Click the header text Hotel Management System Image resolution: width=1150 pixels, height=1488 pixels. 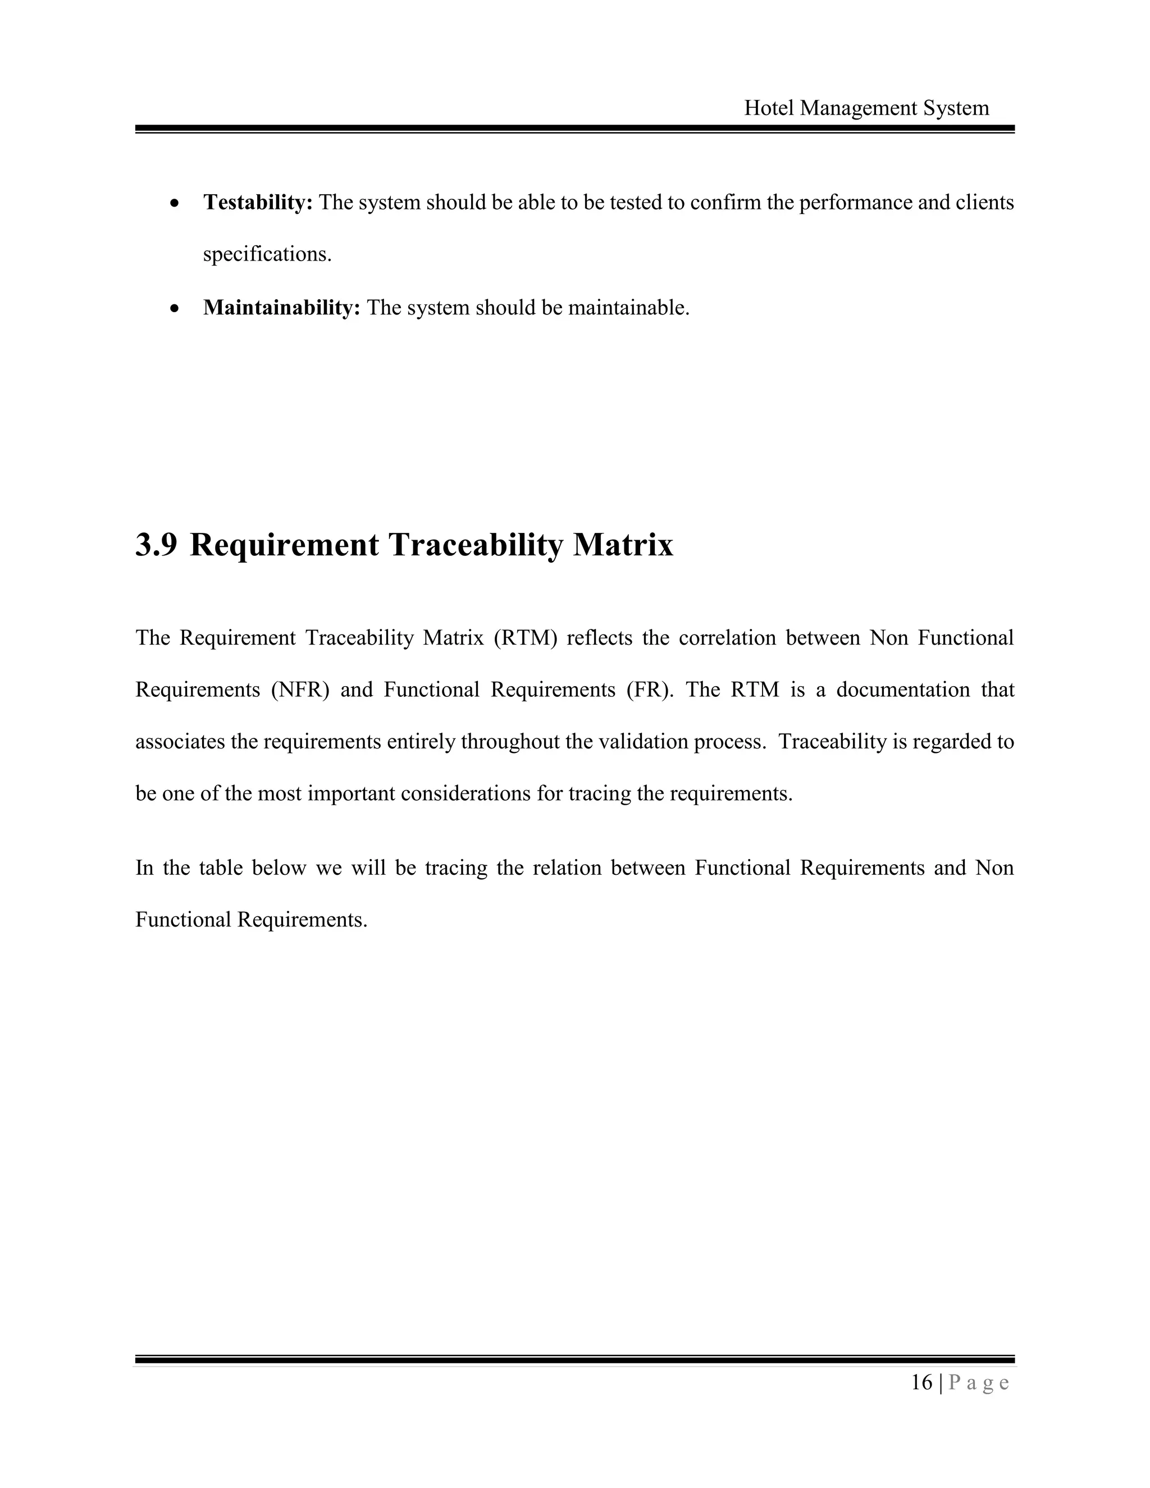tap(866, 108)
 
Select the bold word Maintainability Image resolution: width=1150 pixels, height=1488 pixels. tap(281, 308)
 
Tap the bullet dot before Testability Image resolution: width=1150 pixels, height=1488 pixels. tap(175, 204)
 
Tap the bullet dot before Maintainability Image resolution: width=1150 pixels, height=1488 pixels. tap(175, 309)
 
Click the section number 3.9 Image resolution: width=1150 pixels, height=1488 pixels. tap(156, 545)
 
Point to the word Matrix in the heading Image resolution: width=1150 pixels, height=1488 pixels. tap(623, 545)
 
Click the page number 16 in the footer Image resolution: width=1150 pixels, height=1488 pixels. tap(922, 1382)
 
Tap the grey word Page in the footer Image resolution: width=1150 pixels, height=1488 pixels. tap(978, 1383)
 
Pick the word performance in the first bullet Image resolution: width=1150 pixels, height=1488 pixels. tap(855, 202)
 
